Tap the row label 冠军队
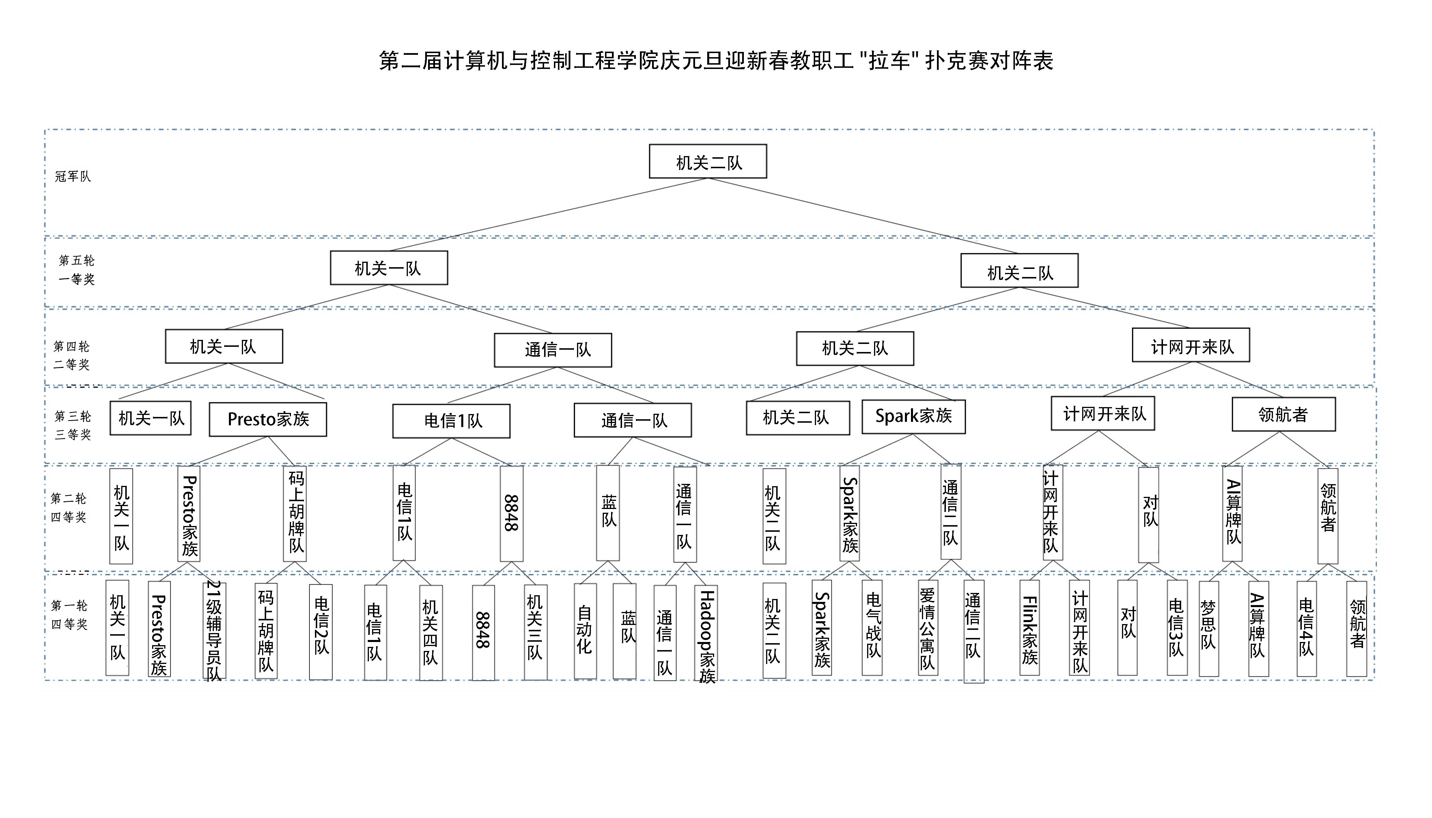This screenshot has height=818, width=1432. coord(72,176)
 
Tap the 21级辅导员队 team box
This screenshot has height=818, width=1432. coord(214,630)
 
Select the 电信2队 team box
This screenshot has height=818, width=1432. coord(321,632)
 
